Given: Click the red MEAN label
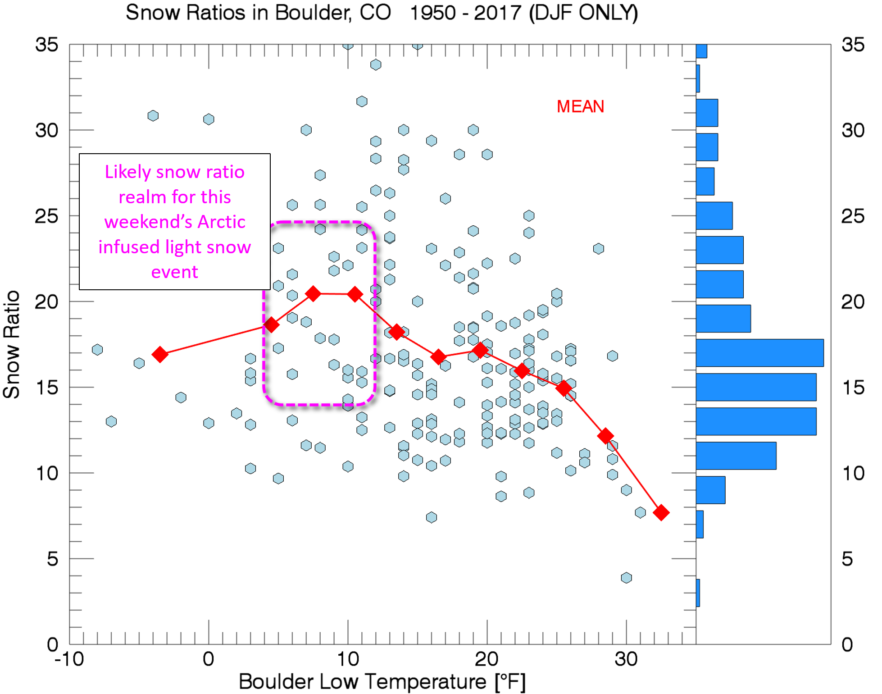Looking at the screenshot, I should coord(580,107).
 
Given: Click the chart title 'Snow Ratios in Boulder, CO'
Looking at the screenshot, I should coord(258,13).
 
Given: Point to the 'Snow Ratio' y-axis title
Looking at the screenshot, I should coord(12,344).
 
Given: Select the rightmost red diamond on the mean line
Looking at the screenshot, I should coord(661,512).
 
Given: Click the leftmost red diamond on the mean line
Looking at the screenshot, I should coord(160,354).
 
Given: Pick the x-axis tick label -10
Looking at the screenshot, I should coord(69,659).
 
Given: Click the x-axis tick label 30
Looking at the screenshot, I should coord(626,659).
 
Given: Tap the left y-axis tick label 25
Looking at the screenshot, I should coord(46,216).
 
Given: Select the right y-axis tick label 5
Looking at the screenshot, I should coord(847,559).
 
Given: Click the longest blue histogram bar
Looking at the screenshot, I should coord(759,353).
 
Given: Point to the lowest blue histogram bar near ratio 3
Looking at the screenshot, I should coord(698,593).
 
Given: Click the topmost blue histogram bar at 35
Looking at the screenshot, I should coord(701,51).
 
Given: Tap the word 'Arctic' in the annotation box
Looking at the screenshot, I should coord(221,222).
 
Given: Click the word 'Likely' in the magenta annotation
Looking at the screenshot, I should coord(128,172).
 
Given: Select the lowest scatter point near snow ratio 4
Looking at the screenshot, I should coord(626,578).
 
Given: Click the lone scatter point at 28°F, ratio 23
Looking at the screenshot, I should coord(598,249).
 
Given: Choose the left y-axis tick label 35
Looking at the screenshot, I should coord(46,45).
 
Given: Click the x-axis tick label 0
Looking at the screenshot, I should coord(208,659).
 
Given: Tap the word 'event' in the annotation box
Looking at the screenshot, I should coord(174,272).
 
